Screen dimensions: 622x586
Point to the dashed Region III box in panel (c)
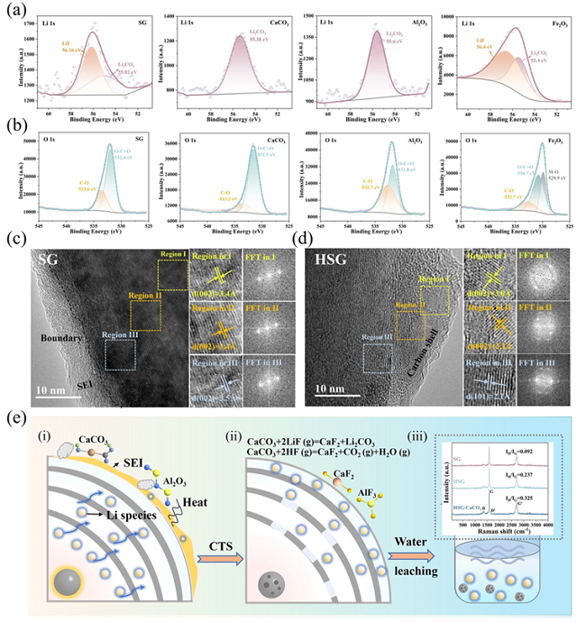click(120, 354)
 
